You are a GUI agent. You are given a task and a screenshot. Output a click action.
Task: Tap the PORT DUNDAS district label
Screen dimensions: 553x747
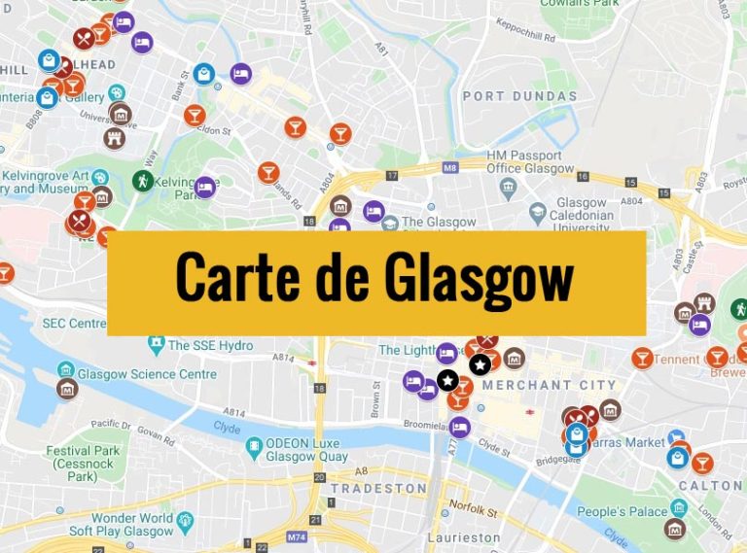(519, 96)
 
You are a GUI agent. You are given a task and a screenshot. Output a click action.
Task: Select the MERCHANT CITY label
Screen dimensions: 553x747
(550, 385)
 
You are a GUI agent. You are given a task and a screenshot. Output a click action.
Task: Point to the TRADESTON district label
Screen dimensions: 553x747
(378, 488)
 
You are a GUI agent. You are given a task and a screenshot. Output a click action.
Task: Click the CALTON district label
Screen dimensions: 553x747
(710, 485)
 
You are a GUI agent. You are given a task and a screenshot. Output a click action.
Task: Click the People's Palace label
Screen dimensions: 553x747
(622, 512)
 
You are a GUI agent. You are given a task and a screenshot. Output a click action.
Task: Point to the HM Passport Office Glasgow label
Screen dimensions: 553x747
(524, 162)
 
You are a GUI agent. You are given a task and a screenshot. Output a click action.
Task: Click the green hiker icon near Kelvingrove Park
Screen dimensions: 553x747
(143, 180)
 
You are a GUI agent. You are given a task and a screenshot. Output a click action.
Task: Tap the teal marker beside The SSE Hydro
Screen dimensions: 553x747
(156, 343)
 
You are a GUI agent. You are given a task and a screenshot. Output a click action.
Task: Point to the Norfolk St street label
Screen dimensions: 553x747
(474, 506)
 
